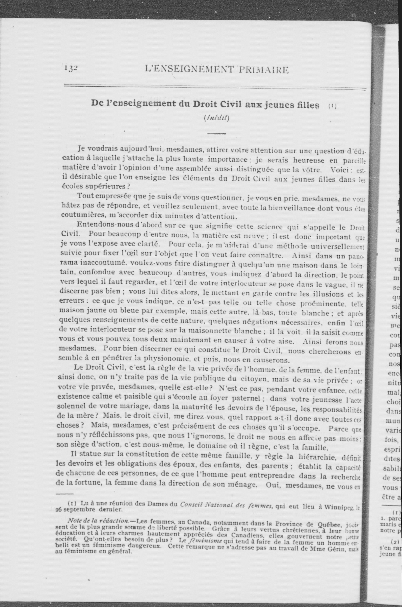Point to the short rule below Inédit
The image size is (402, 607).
pyautogui.click(x=216, y=134)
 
